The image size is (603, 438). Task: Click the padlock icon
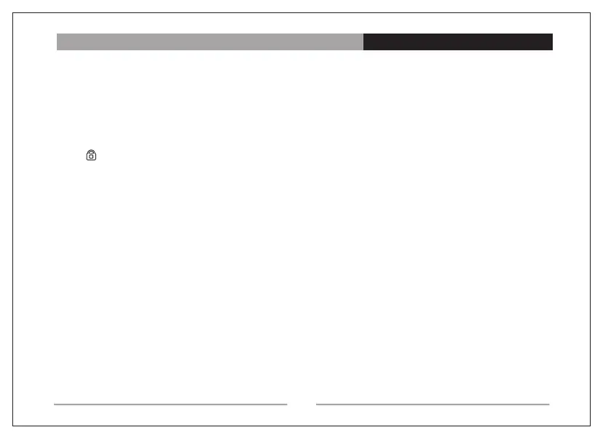91,155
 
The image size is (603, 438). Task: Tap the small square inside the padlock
91,157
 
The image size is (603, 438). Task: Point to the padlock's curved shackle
91,151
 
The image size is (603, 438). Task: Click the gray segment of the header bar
210,42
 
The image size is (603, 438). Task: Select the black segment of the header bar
457,42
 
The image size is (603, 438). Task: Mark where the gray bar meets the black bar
363,42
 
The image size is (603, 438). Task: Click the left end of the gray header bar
58,42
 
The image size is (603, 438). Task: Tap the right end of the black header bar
551,42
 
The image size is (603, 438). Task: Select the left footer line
170,404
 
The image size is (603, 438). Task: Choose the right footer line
433,404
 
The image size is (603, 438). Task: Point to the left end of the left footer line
55,404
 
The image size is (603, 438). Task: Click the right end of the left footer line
287,404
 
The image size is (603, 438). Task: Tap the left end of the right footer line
317,404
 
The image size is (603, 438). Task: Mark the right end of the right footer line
548,404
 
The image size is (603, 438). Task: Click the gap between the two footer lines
301,404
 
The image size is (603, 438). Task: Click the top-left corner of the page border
14,12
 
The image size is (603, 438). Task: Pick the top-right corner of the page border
588,12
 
